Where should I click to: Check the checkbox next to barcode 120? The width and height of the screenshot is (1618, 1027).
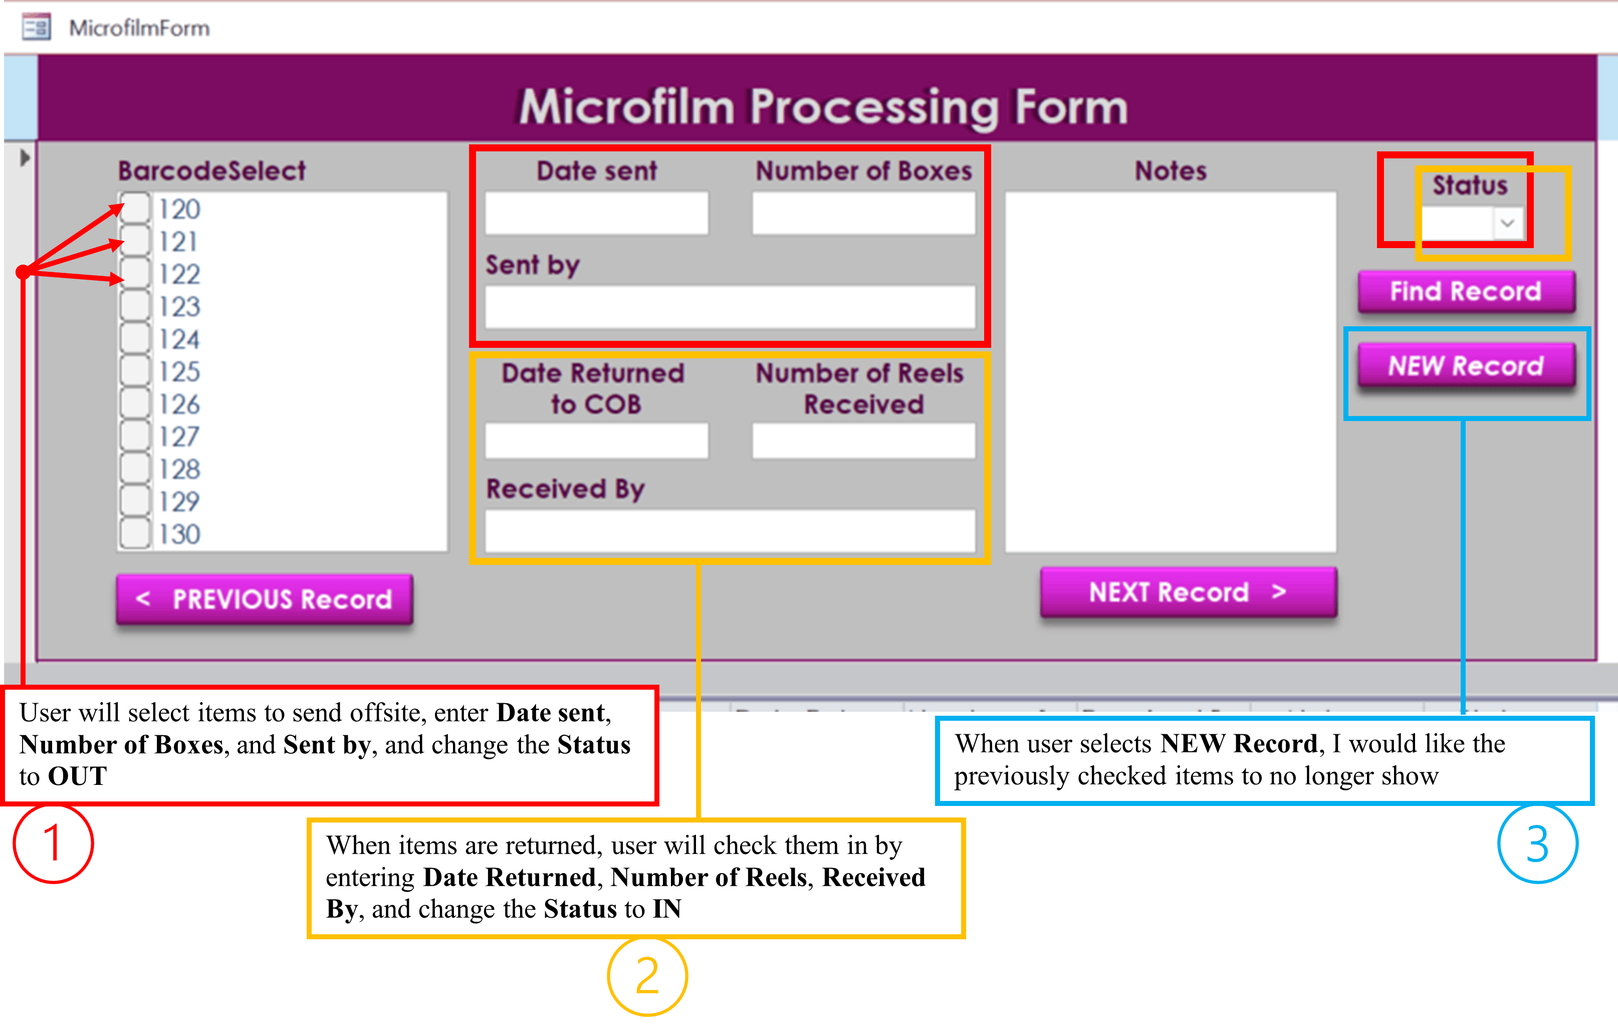click(136, 209)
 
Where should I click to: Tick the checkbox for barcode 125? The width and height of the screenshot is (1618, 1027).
click(136, 371)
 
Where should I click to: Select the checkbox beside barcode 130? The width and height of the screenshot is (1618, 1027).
click(136, 534)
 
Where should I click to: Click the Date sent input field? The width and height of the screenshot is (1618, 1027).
click(597, 214)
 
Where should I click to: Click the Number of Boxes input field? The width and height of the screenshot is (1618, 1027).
click(863, 214)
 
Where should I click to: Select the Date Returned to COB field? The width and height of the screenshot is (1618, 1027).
click(597, 441)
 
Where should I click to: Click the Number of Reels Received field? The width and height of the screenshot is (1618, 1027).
click(863, 441)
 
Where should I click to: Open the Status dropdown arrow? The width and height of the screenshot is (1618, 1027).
click(1507, 223)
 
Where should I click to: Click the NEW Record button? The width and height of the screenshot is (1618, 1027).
click(1466, 366)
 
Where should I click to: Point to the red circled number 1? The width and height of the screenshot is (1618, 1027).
click(53, 844)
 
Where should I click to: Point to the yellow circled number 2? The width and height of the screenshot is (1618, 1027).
click(647, 976)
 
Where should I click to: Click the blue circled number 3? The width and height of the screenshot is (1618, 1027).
click(1537, 844)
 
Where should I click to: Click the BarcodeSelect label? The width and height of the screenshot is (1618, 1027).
click(211, 171)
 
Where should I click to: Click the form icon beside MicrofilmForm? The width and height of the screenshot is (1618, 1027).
click(36, 28)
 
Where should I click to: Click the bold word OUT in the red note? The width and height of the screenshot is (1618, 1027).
click(77, 776)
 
